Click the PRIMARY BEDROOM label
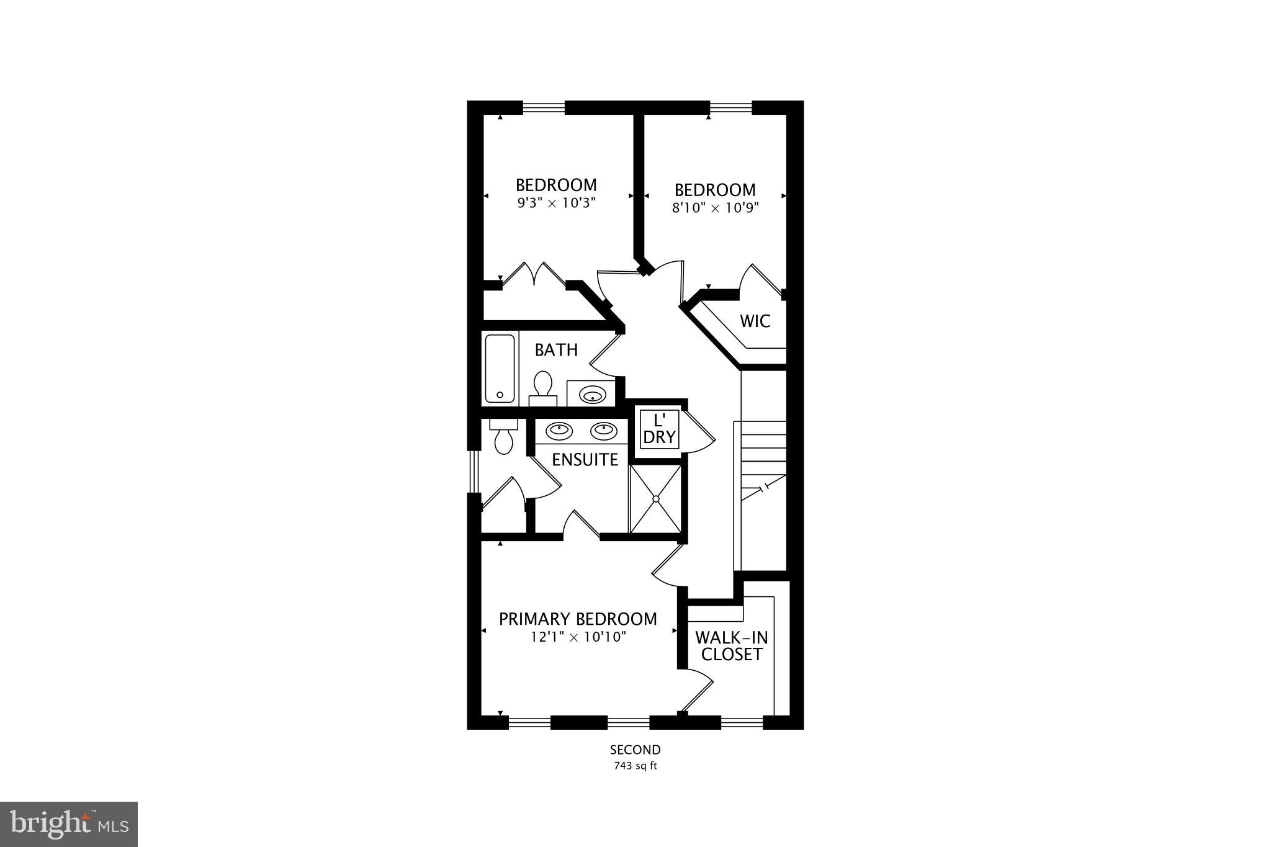click(578, 619)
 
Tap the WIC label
click(755, 321)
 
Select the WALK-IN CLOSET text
click(732, 646)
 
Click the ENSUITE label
click(585, 460)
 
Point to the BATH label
click(556, 350)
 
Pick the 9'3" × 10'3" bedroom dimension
click(557, 203)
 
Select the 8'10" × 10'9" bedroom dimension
click(716, 208)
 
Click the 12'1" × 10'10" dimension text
click(578, 637)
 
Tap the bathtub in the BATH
click(500, 369)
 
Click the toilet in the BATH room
click(543, 386)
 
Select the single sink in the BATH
click(591, 394)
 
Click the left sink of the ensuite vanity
click(559, 429)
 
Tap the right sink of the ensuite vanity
click(603, 429)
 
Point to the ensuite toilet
click(503, 438)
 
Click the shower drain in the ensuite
click(655, 498)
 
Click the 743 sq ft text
click(635, 766)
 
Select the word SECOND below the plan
click(635, 750)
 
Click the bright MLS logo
click(69, 824)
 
